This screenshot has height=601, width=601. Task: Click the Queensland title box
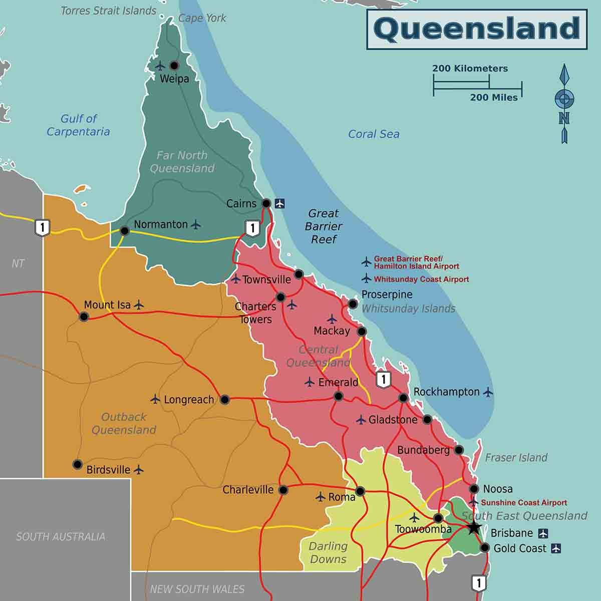(x=476, y=29)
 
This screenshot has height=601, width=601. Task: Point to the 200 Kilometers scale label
(x=470, y=69)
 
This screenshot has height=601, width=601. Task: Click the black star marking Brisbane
(x=474, y=527)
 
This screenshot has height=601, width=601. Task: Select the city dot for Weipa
(x=174, y=66)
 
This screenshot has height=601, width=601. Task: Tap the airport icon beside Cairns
(x=279, y=203)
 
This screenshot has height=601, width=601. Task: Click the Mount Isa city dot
(x=84, y=317)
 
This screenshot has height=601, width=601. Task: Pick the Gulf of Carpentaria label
(x=78, y=125)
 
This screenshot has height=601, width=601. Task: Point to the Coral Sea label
(x=374, y=134)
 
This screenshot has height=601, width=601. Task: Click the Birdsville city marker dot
(x=77, y=464)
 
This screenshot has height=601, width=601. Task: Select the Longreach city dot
(x=225, y=399)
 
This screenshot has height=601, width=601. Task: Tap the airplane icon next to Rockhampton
(x=488, y=392)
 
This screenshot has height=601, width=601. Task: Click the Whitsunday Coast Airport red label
(x=421, y=279)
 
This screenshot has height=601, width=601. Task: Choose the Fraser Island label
(x=516, y=457)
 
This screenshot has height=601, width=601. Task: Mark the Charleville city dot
(x=283, y=490)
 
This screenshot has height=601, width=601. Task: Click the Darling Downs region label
(x=328, y=553)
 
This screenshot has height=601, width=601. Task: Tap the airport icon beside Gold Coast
(x=556, y=548)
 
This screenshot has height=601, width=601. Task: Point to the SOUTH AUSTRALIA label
(x=61, y=537)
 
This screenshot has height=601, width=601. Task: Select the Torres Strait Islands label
(x=108, y=11)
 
